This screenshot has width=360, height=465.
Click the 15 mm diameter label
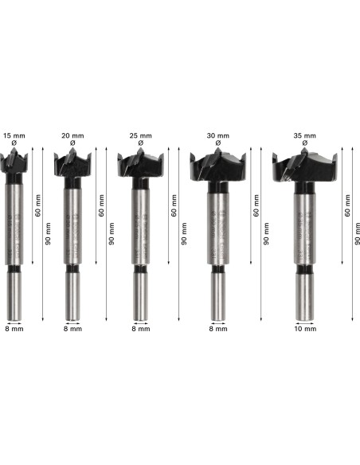click(14, 137)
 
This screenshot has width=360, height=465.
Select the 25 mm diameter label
click(140, 137)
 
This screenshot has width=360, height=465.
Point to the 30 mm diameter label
click(217, 137)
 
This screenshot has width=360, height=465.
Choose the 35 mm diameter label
click(305, 137)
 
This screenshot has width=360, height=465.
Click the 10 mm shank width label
click(305, 328)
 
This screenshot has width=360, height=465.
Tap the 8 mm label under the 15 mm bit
click(14, 328)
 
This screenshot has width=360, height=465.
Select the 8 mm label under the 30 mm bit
click(217, 328)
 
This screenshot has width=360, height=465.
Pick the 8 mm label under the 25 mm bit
click(140, 328)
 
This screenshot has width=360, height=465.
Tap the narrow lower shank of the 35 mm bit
click(305, 295)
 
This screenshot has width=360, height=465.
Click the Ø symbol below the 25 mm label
click(140, 144)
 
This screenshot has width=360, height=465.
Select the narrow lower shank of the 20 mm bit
click(72, 295)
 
